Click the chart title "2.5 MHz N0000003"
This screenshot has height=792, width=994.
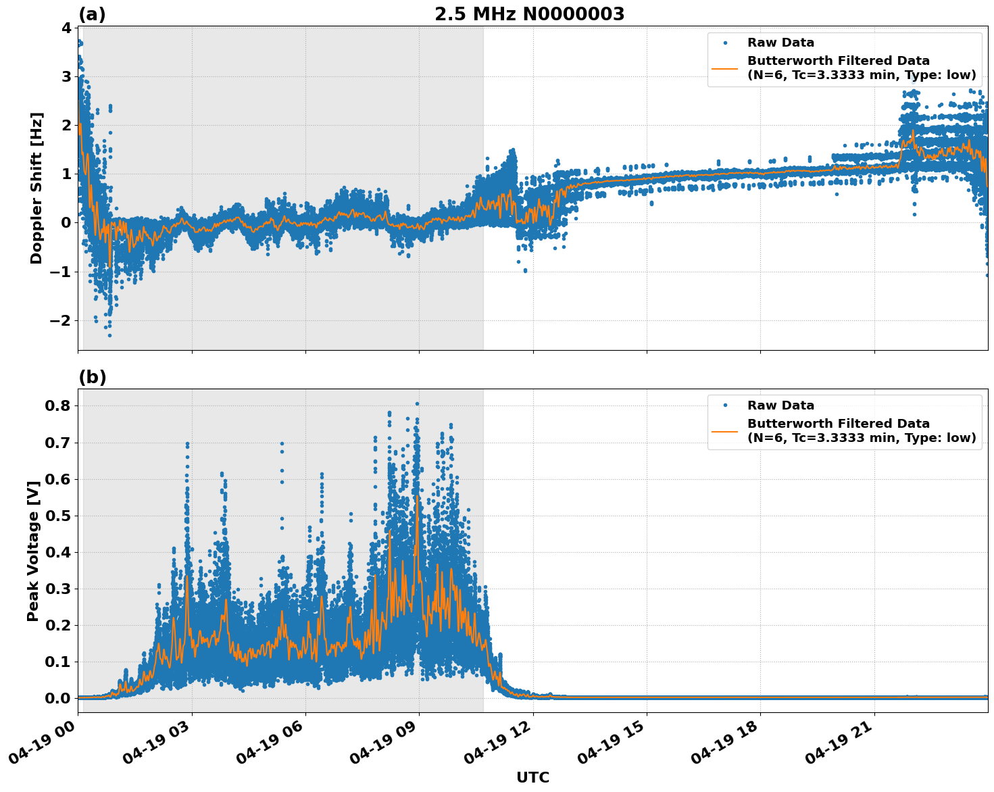pos(529,14)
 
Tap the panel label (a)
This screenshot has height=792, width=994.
pos(92,14)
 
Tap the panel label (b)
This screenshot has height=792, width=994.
pos(92,377)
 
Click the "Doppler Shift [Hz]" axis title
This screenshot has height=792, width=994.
pos(36,188)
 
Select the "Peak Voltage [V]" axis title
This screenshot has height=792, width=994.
pos(33,550)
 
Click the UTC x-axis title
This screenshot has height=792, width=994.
pos(532,777)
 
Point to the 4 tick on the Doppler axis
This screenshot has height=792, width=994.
pos(66,28)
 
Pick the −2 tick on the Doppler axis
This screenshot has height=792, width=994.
pos(61,320)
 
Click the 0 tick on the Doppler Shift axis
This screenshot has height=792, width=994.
pos(66,223)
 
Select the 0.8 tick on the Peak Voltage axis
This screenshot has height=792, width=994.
pos(59,405)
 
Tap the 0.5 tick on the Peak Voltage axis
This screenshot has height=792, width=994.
pos(59,516)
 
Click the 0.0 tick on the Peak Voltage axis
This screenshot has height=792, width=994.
pos(59,698)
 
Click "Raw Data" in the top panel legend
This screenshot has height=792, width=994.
pos(780,43)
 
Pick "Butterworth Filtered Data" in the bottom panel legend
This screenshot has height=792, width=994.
pos(838,424)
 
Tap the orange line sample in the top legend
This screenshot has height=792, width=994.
pos(725,68)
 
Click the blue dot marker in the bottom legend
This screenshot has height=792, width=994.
pos(725,405)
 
